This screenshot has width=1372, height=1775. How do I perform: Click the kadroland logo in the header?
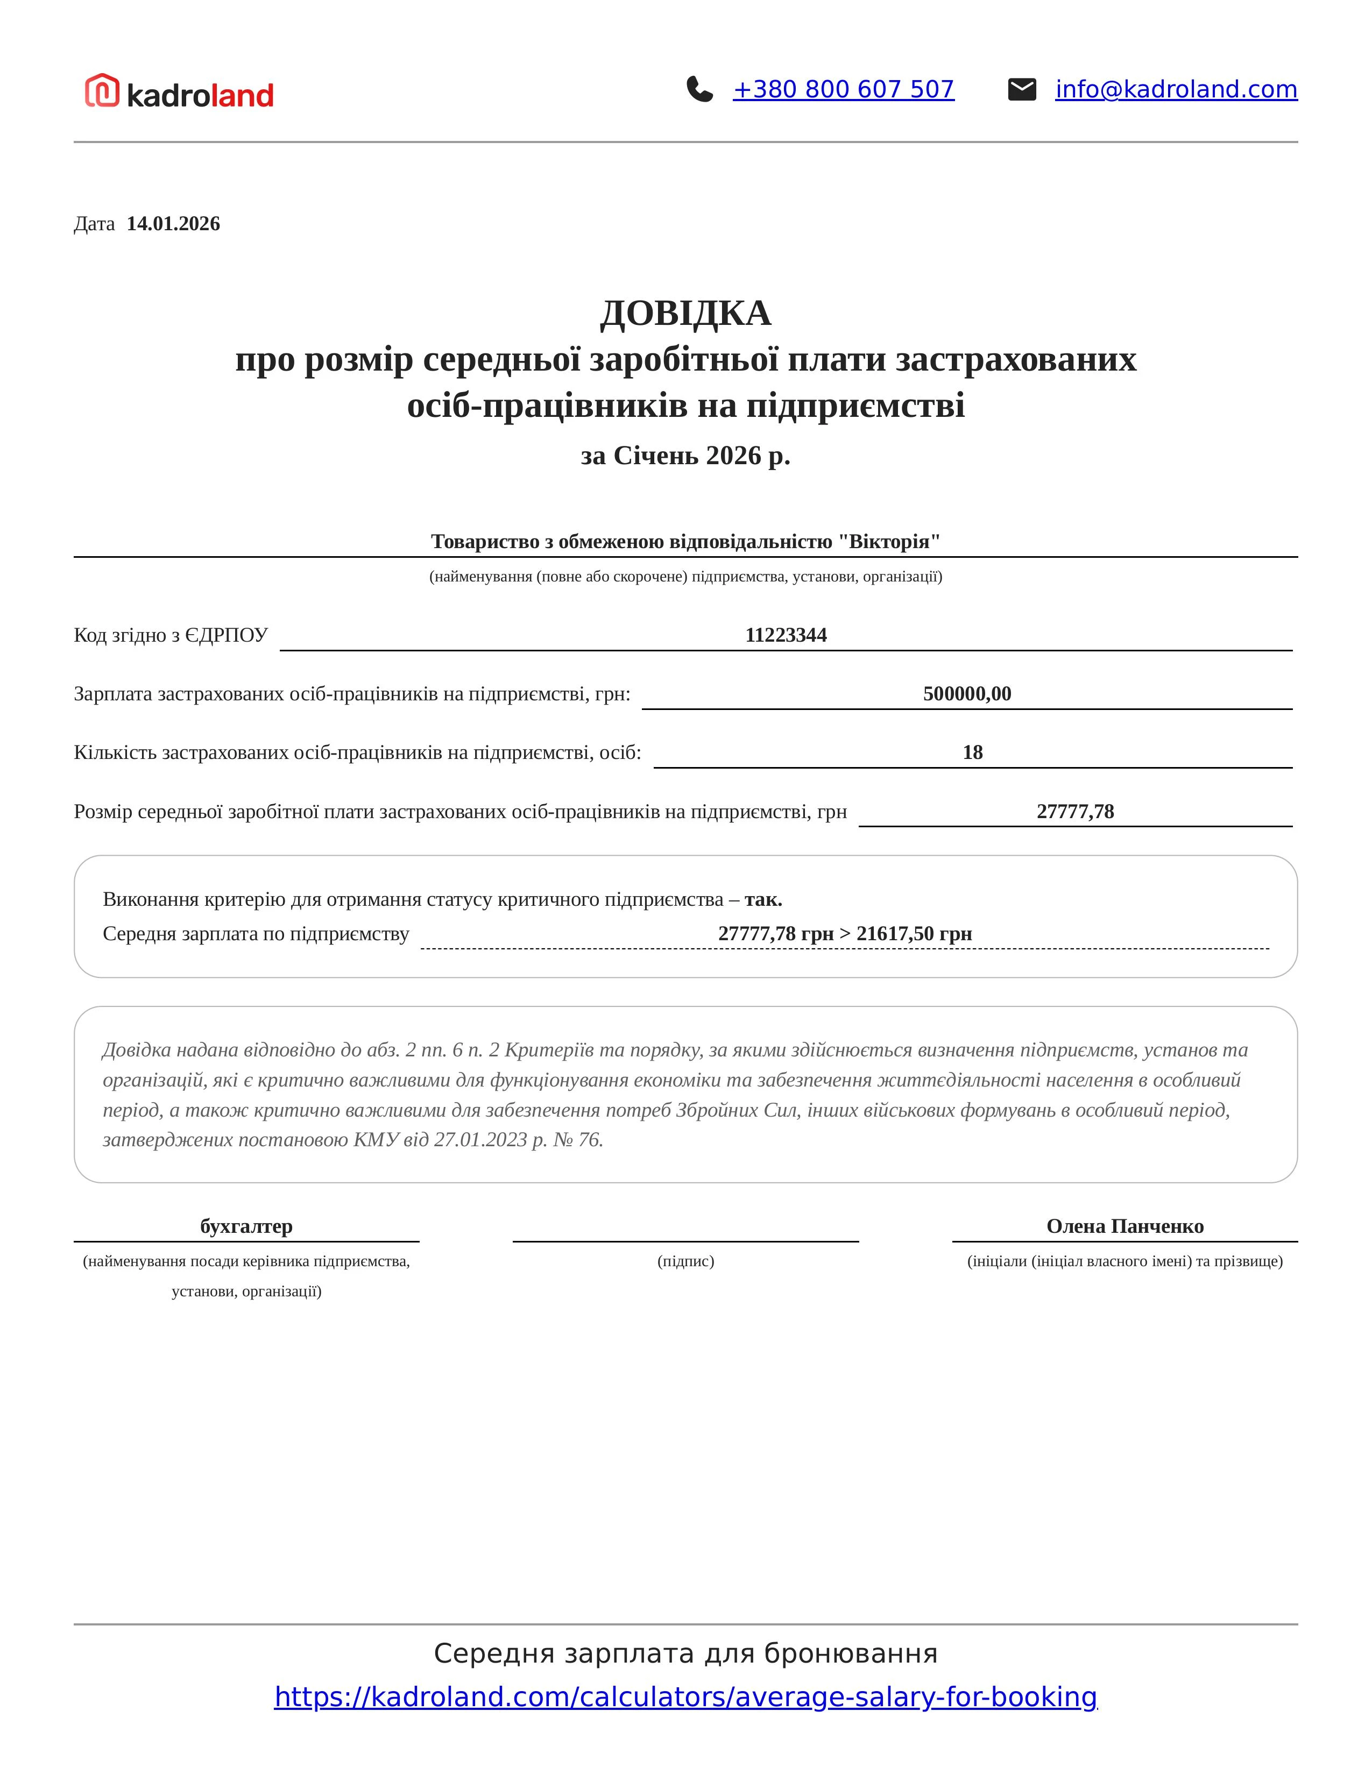[x=180, y=92]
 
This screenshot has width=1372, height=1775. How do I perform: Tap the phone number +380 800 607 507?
[x=843, y=89]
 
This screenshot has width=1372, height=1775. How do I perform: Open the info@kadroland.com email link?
[x=1175, y=89]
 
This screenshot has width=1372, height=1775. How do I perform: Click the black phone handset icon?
[x=699, y=89]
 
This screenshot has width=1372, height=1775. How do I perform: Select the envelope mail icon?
[x=1022, y=89]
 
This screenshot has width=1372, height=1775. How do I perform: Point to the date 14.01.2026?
[x=173, y=224]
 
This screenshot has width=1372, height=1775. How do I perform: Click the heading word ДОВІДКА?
[x=685, y=314]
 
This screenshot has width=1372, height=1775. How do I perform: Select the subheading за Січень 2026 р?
[x=685, y=456]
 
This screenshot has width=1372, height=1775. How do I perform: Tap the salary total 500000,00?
[x=966, y=694]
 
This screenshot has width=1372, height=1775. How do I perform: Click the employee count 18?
[x=972, y=752]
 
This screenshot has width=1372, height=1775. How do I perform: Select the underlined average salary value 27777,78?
[x=1074, y=812]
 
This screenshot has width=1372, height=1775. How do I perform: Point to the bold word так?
[x=762, y=900]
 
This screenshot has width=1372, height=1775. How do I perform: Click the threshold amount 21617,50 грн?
[x=914, y=934]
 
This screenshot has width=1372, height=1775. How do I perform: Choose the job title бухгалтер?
[x=246, y=1226]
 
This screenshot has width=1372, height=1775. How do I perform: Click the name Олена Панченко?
[x=1124, y=1226]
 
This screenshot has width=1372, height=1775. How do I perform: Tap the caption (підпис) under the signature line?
[x=685, y=1261]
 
